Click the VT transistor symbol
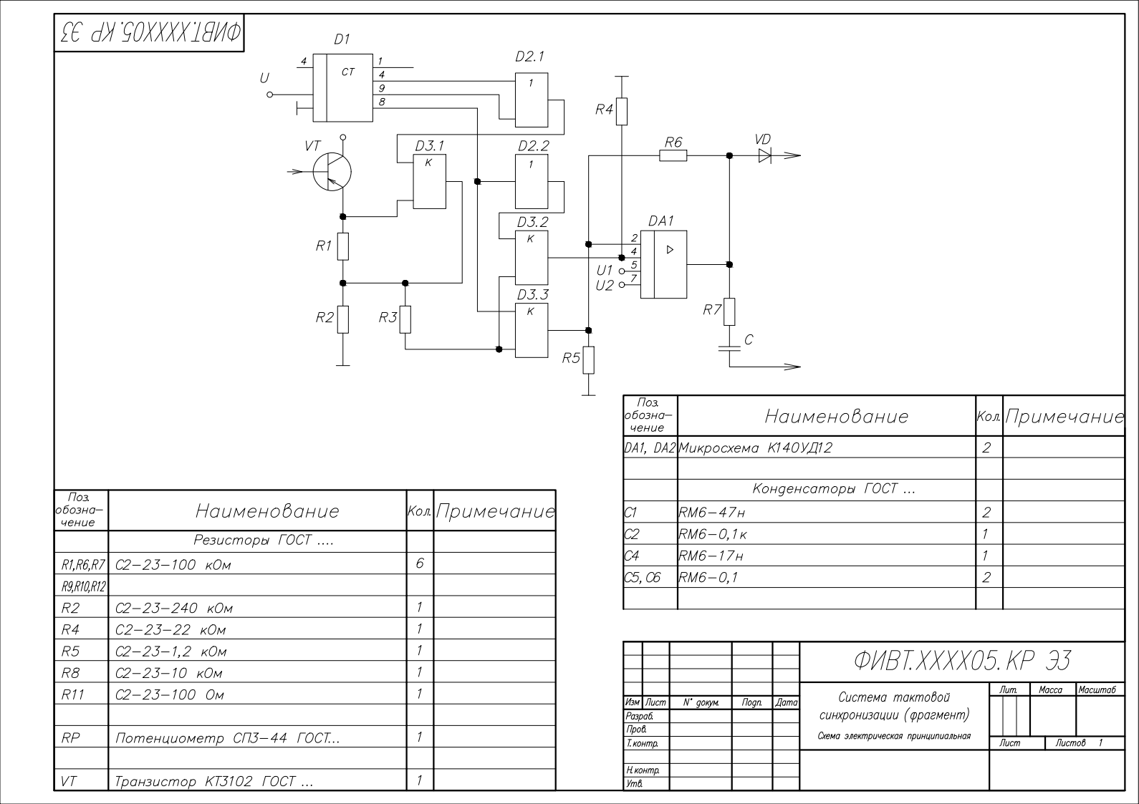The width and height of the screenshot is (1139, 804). click(332, 172)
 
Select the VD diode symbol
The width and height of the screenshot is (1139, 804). click(765, 155)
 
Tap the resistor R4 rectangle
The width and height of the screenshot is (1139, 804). click(621, 111)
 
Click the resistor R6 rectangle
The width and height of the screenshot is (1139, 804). click(673, 155)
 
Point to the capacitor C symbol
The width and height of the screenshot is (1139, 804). click(729, 348)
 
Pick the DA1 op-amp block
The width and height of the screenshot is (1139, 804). click(663, 264)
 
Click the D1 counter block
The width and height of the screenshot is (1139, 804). click(342, 88)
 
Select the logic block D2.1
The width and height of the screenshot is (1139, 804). click(532, 100)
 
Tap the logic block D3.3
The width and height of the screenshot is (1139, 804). click(532, 330)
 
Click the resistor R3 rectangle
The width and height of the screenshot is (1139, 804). click(405, 320)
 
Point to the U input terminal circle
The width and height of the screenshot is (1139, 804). click(270, 95)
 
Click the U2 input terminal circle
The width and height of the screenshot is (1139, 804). click(621, 285)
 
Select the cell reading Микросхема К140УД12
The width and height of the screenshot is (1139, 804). click(756, 447)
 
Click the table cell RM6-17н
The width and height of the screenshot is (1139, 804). click(711, 556)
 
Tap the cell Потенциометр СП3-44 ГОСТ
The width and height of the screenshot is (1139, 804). click(227, 737)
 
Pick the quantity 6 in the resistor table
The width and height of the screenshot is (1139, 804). click(420, 563)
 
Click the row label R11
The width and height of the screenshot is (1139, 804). click(72, 694)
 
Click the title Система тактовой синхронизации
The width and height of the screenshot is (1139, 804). click(895, 706)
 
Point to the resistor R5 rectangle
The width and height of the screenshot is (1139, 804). click(588, 360)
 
